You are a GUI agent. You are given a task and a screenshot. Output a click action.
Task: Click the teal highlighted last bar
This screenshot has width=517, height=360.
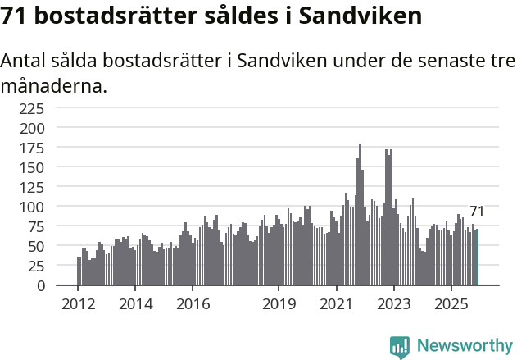coord(477,257)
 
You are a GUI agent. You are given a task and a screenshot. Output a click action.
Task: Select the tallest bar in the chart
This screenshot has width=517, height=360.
coord(360,215)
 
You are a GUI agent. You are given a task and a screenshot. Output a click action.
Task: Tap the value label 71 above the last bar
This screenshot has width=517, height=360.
coord(477,212)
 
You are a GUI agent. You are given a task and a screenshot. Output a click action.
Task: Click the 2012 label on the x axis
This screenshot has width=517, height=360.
coord(78,305)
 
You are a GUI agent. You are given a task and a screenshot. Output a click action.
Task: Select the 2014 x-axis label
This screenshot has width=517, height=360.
coord(135,305)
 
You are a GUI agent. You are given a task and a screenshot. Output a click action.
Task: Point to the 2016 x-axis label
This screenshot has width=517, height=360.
coord(193,305)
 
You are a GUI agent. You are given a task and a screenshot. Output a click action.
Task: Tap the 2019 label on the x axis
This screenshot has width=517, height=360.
coord(279,305)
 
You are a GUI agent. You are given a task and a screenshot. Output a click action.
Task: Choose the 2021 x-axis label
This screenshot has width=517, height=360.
coord(336,305)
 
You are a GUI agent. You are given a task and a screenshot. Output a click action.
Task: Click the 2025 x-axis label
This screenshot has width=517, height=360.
coord(451,305)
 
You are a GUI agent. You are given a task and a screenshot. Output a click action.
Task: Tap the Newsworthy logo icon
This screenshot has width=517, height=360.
coord(400,347)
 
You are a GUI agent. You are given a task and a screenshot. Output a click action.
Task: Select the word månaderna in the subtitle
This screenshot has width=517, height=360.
coord(54,85)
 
